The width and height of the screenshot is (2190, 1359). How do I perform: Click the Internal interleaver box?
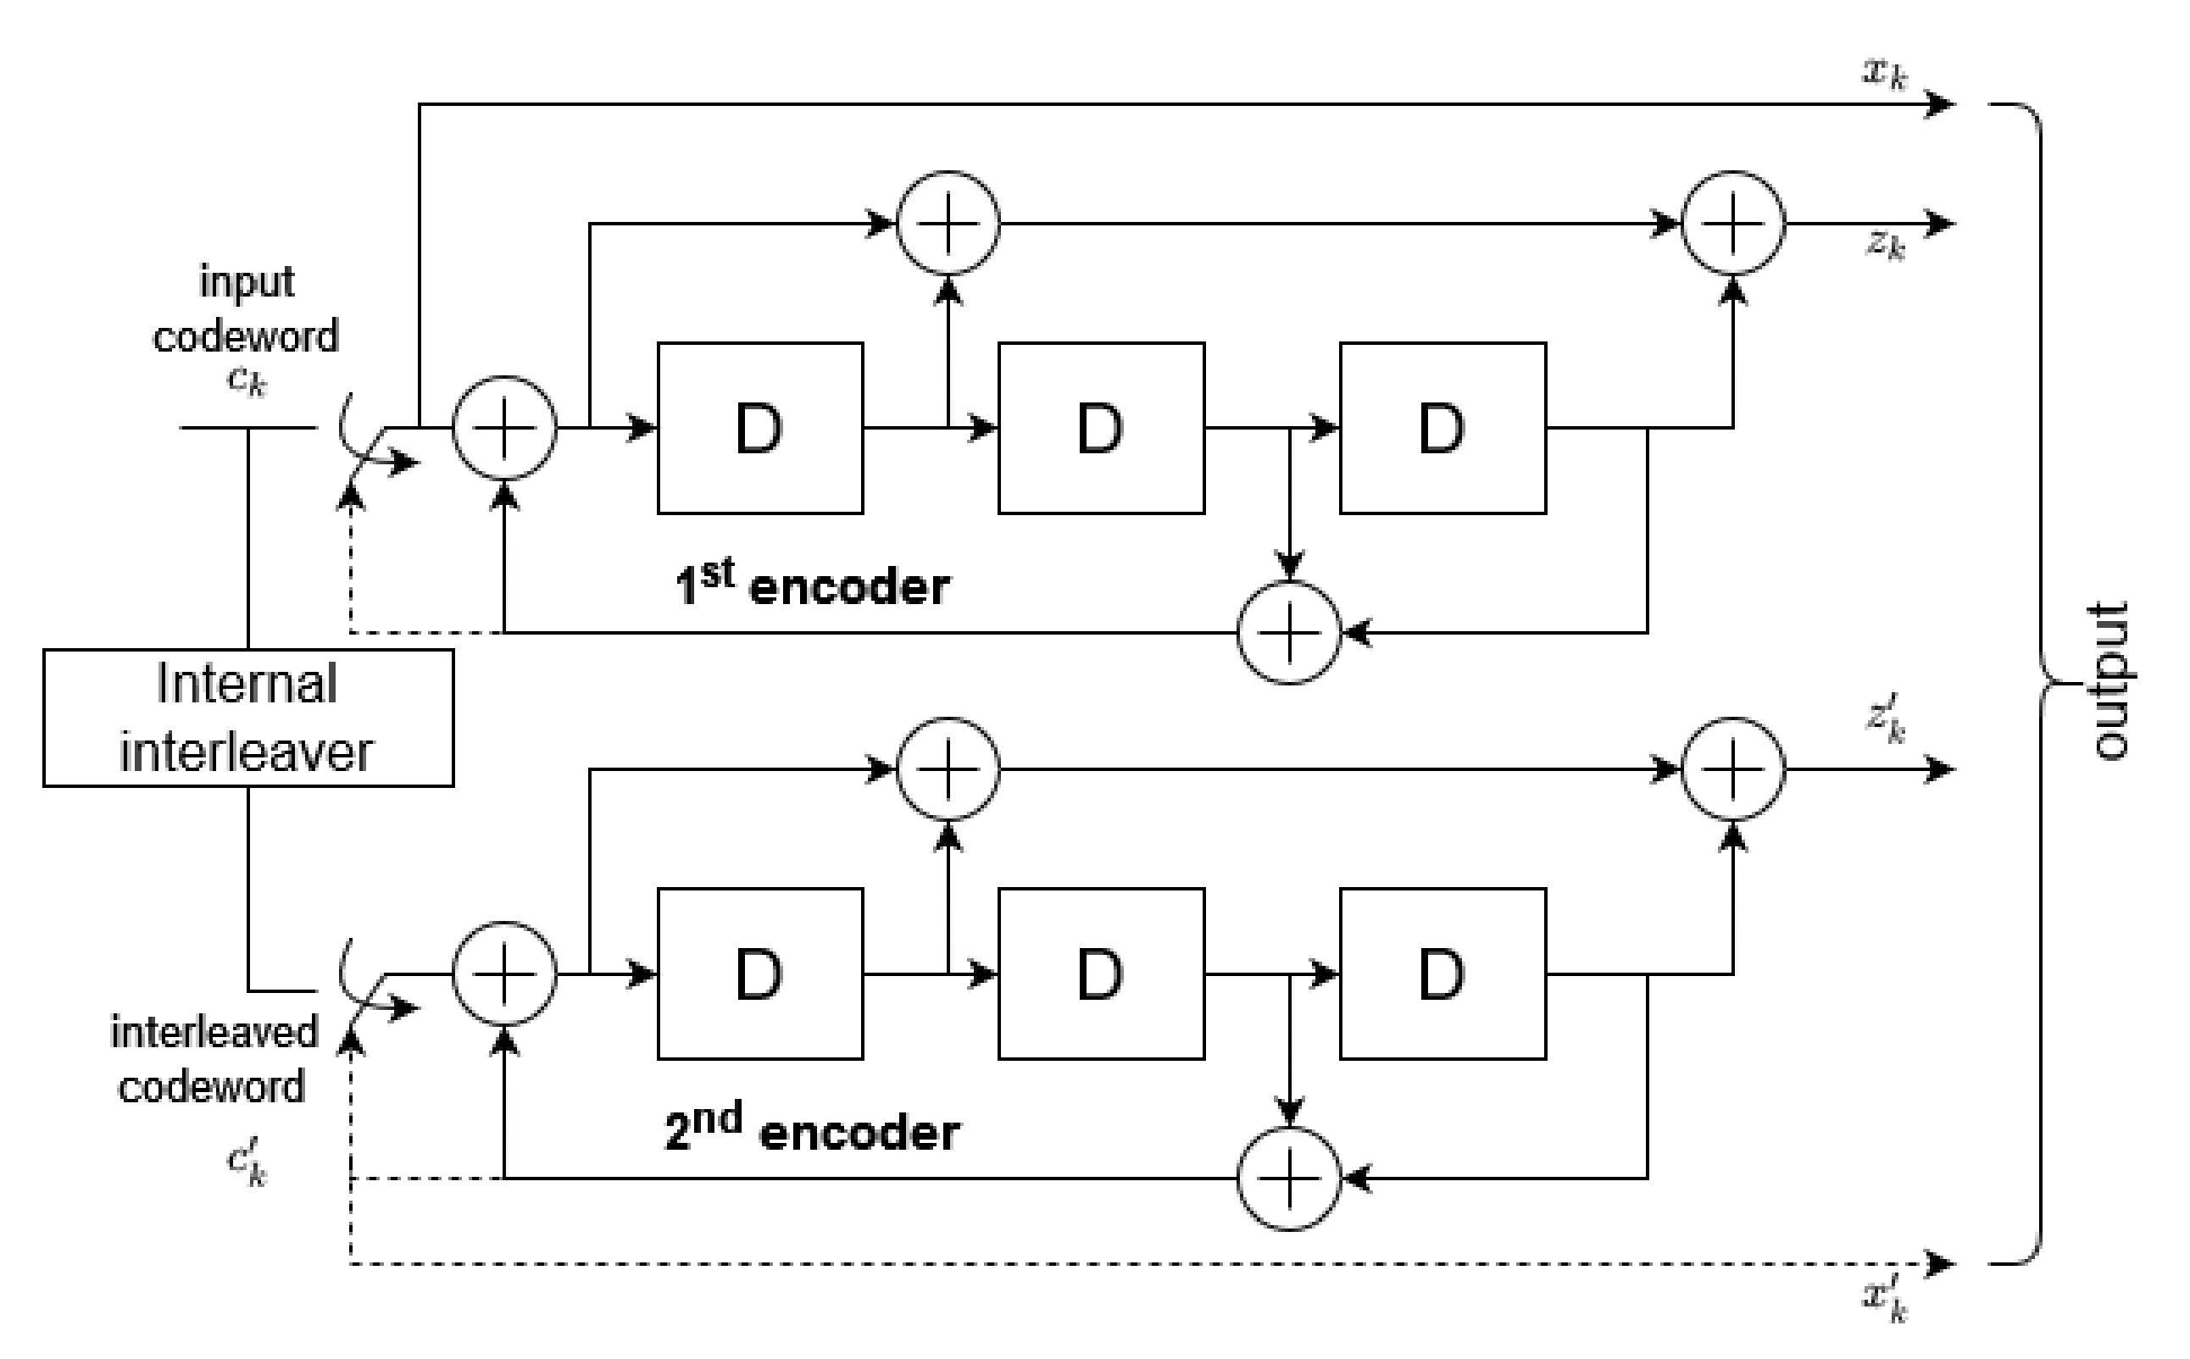point(248,718)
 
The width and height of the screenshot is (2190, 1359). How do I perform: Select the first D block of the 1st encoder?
point(759,428)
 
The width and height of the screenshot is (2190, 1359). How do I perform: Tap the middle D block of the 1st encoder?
point(1100,428)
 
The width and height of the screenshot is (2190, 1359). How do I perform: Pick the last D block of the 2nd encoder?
point(1442,973)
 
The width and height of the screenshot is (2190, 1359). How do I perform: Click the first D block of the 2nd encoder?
point(759,973)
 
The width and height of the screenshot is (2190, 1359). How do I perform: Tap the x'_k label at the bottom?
point(1883,1299)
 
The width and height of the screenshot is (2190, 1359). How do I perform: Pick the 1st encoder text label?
point(812,585)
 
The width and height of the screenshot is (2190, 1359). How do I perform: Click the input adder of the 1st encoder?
point(504,428)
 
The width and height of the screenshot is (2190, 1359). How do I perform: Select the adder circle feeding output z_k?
point(1732,223)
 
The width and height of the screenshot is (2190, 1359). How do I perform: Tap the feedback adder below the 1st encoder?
point(1289,633)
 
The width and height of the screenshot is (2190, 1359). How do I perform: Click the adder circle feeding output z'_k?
point(1732,768)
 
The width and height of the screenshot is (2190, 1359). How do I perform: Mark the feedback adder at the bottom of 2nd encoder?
point(1289,1179)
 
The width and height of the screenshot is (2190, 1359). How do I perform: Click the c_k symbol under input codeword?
point(247,381)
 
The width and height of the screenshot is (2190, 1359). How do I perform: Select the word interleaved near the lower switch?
point(214,1032)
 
